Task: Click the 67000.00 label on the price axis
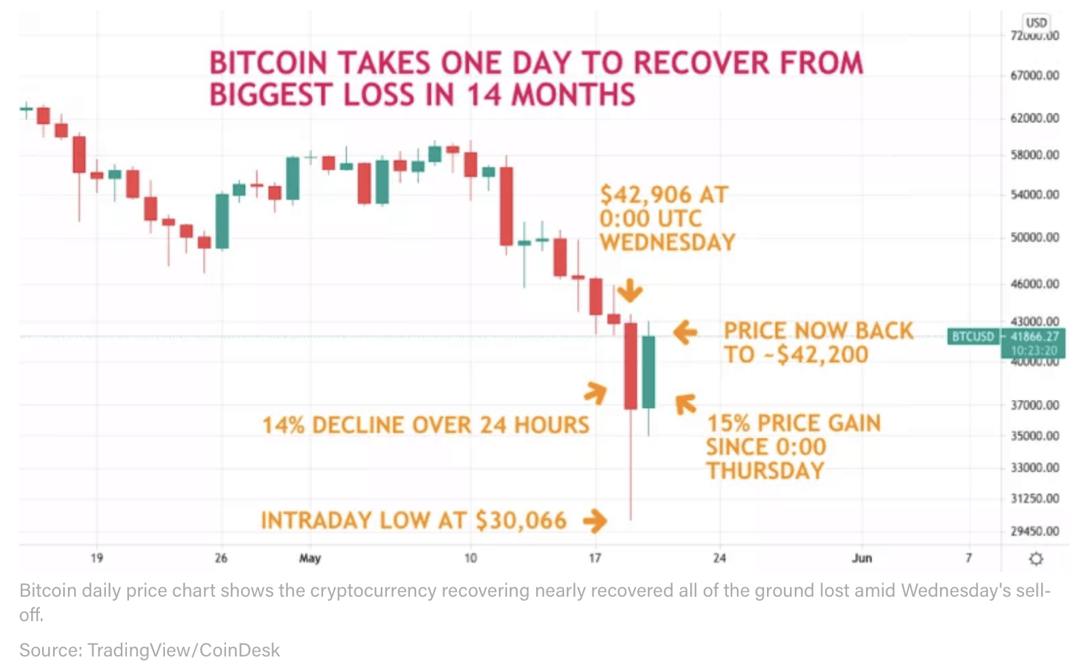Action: click(1034, 75)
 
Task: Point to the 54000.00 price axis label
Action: click(1034, 195)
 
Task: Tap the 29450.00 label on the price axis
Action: click(1034, 531)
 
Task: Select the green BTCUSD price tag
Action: click(973, 336)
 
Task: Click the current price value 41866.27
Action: click(1034, 336)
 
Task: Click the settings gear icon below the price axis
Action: click(1036, 559)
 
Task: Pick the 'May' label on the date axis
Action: click(309, 558)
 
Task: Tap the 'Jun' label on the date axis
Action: click(862, 558)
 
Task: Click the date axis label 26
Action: click(221, 558)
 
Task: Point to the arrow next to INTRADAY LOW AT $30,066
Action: click(595, 521)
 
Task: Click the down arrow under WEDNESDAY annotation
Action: click(630, 291)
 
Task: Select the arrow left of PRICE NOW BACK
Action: click(685, 332)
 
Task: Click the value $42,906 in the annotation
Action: click(645, 195)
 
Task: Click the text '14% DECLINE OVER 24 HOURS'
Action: click(426, 425)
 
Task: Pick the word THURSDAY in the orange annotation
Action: click(765, 470)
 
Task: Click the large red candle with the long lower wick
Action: click(630, 367)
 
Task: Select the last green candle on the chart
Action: click(649, 372)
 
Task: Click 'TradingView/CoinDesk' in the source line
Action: click(183, 650)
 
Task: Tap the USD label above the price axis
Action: click(1036, 22)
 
